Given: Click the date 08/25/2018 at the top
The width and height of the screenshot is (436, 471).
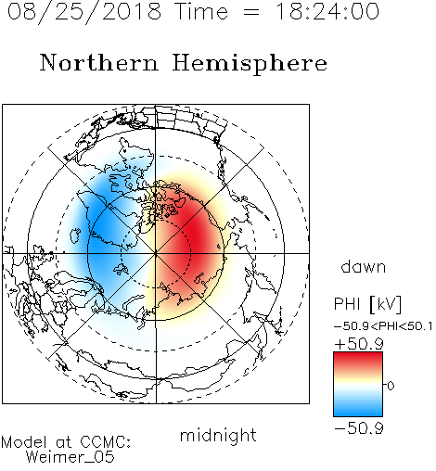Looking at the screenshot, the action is pos(84,12).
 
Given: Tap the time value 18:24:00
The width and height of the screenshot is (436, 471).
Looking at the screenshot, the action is pos(327,11).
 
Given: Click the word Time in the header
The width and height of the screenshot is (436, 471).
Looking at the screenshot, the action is pos(201,11).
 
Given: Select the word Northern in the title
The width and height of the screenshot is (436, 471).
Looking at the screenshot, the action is pos(99,62).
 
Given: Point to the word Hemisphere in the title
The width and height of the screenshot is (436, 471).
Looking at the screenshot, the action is pos(250,64).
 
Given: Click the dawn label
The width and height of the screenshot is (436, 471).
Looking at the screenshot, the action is pos(364,266).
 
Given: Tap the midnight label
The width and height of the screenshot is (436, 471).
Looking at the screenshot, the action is pos(218,436).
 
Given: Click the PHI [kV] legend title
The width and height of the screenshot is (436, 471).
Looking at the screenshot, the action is pos(367,304).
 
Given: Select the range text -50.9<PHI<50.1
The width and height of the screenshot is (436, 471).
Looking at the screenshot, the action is pos(383,326).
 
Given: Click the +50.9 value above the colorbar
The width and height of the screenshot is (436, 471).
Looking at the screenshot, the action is pos(359,344).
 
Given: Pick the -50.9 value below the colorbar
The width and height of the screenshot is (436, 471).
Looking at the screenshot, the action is pos(359,428).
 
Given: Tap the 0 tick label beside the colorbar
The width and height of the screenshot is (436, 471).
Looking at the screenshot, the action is pos(391,386).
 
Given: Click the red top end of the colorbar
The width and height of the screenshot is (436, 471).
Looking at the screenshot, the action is pos(358,355).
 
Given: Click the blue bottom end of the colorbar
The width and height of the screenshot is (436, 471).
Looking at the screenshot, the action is pos(358,414).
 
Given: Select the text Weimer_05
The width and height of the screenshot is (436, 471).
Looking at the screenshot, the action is pos(71,457).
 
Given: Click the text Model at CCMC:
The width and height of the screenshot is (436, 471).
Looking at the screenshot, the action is pos(66,442).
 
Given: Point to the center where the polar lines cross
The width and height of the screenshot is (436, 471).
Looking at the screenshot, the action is pos(156,253).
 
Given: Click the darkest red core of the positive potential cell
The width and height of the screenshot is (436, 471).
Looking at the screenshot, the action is pos(196,235).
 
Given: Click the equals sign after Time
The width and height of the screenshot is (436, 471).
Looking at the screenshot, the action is pos(251,12).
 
